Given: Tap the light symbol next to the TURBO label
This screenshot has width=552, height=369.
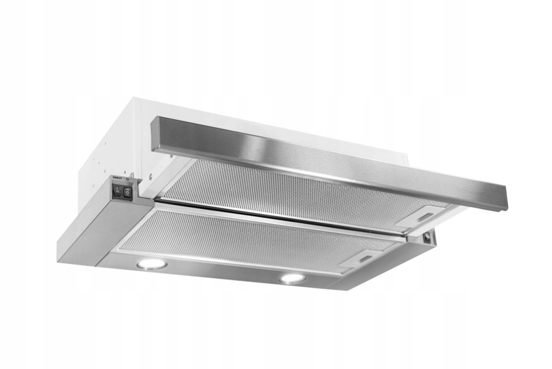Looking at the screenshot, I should tap(128, 179).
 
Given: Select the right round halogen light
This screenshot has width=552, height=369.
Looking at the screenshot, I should tap(292, 278).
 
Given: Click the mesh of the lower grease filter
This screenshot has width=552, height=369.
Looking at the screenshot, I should tap(236, 236).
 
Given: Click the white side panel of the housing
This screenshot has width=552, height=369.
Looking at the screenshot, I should tap(114, 143).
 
